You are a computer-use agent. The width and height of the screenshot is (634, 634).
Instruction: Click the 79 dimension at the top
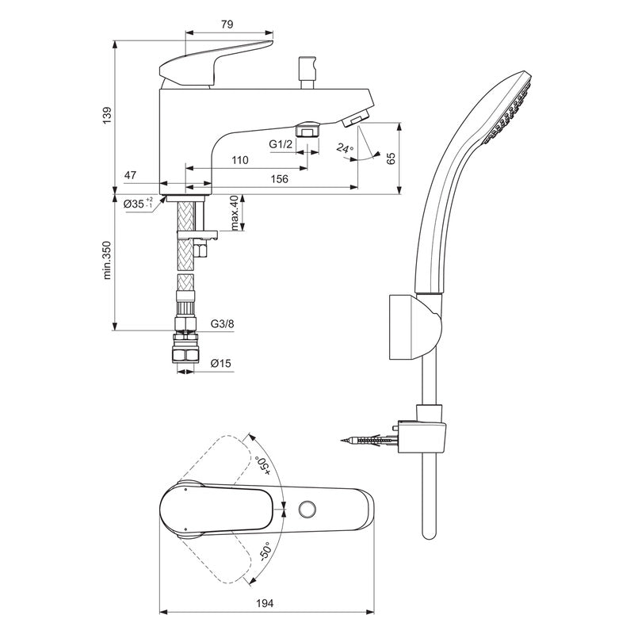pyautogui.click(x=226, y=25)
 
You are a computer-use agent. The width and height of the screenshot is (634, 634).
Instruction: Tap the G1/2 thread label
pyautogui.click(x=281, y=144)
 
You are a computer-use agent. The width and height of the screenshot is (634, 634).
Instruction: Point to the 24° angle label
pyautogui.click(x=344, y=147)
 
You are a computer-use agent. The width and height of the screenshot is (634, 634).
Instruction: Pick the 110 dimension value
pyautogui.click(x=239, y=161)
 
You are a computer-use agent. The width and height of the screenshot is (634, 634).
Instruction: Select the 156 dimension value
pyautogui.click(x=279, y=180)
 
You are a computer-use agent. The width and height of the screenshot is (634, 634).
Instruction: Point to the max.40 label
pyautogui.click(x=235, y=213)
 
